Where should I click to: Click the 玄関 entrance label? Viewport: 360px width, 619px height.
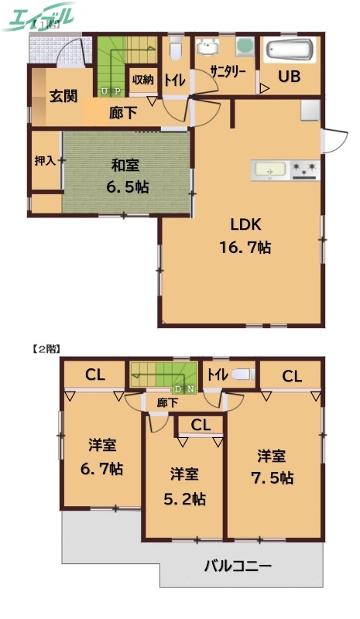pyautogui.click(x=63, y=97)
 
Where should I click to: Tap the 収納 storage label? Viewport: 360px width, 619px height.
pyautogui.click(x=142, y=79)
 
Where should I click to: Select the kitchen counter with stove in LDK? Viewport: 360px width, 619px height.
pyautogui.click(x=286, y=169)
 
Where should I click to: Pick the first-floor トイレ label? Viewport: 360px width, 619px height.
pyautogui.click(x=174, y=78)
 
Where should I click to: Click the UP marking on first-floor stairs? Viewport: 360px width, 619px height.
pyautogui.click(x=110, y=91)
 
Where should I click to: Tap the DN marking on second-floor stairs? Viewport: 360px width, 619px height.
pyautogui.click(x=185, y=388)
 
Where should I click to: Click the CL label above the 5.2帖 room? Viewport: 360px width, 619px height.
pyautogui.click(x=200, y=424)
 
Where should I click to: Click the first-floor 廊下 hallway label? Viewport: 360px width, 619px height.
pyautogui.click(x=123, y=113)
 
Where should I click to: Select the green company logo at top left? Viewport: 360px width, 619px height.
pyautogui.click(x=39, y=17)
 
